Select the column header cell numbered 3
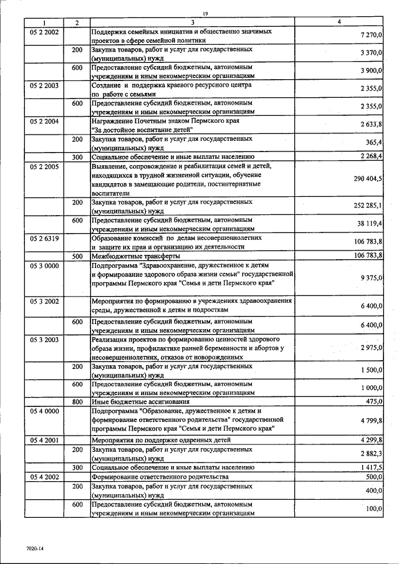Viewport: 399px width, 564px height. coord(193,23)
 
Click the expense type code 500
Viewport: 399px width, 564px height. coord(77,256)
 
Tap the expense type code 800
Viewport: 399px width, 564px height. coord(77,401)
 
